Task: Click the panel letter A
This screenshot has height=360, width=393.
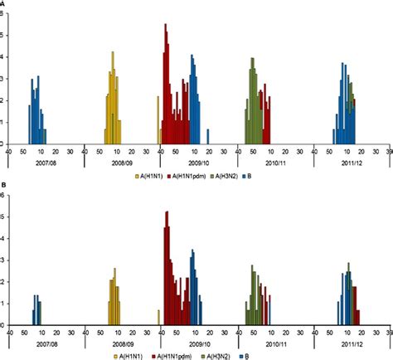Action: click(x=3, y=3)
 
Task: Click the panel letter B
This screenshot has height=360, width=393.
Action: click(x=3, y=186)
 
